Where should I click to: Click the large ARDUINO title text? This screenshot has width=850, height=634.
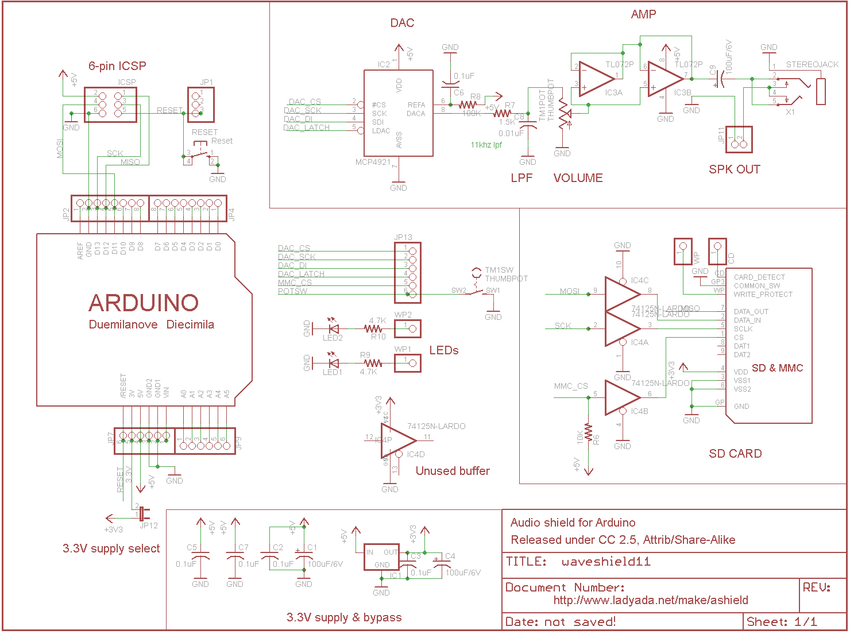[x=144, y=303]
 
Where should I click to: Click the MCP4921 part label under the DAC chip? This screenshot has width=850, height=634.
[x=373, y=162]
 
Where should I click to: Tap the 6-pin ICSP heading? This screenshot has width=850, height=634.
[x=117, y=66]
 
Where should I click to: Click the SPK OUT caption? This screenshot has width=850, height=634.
[x=734, y=169]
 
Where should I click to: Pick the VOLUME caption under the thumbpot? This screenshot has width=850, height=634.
[x=578, y=178]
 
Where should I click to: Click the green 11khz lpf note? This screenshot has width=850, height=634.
[x=486, y=145]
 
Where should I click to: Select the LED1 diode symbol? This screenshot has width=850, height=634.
[x=333, y=363]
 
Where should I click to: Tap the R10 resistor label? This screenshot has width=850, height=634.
[x=378, y=337]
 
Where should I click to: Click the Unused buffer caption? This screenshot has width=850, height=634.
[x=453, y=471]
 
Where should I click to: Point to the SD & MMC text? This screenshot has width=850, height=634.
[x=777, y=368]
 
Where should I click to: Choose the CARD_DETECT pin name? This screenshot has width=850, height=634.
[x=759, y=277]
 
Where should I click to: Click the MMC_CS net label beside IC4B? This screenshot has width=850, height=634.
[x=570, y=386]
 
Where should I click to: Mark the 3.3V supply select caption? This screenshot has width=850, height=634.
[x=111, y=548]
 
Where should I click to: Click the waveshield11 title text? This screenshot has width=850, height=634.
[x=606, y=562]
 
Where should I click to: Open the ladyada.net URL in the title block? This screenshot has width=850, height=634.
[x=651, y=600]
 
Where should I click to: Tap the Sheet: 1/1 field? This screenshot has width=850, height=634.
[x=782, y=621]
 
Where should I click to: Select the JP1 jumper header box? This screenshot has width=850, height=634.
[x=200, y=105]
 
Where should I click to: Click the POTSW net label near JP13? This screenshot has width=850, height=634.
[x=292, y=291]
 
